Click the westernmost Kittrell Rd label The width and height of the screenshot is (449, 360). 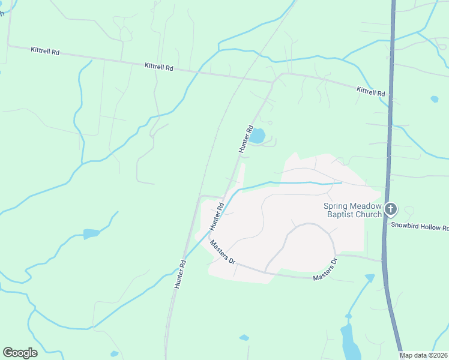coord(45,52)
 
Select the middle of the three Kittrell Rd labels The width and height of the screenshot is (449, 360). coord(159,67)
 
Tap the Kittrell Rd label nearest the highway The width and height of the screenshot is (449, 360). coord(370,91)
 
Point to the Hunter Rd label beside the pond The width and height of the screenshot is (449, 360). coord(246,139)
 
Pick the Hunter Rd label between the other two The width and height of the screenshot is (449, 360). coord(217,217)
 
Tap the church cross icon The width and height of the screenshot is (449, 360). coord(391,209)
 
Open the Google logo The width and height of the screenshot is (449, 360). coord(20,353)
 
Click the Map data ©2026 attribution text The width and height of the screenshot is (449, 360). coord(424,355)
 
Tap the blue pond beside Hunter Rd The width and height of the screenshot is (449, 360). coord(257,136)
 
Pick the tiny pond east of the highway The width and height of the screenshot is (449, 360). coord(434,99)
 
